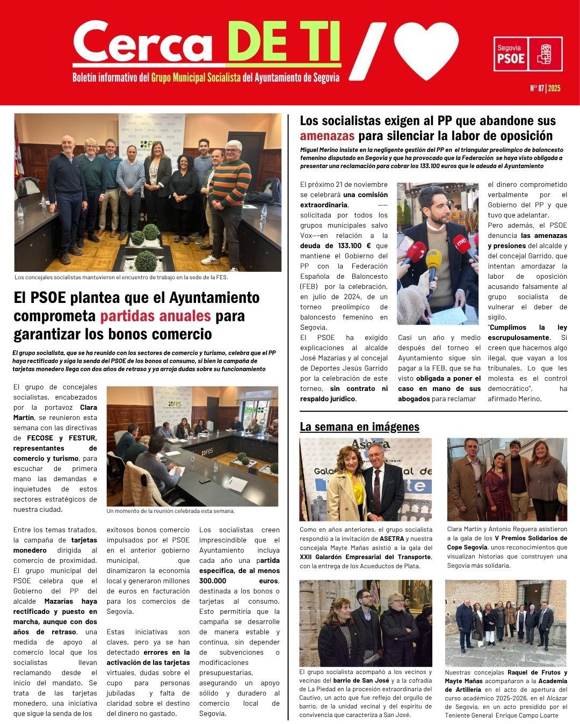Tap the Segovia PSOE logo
tap(528, 54)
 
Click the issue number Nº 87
tap(536, 88)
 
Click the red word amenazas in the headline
tap(327, 135)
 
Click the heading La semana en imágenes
tap(359, 427)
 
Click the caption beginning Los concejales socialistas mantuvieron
tap(121, 278)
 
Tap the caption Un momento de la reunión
tap(170, 511)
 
